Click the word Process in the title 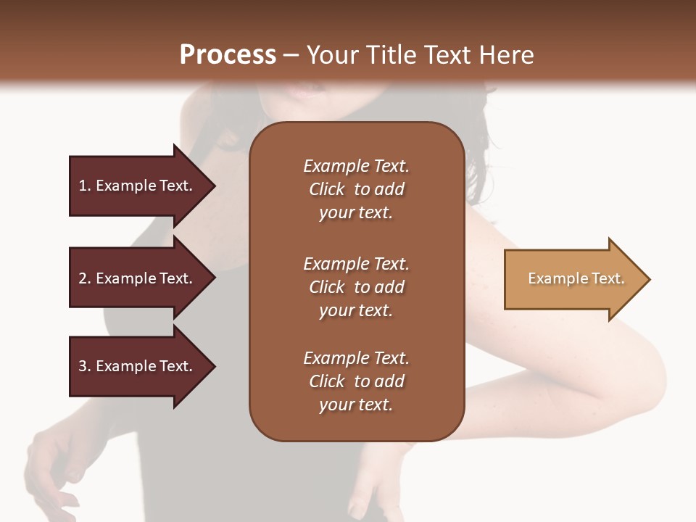pos(228,55)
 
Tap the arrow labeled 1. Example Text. pos(138,186)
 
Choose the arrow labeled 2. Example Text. pos(138,278)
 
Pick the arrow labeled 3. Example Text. pos(138,366)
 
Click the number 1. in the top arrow pos(85,186)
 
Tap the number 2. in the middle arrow pos(85,278)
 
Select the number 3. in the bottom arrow pos(85,366)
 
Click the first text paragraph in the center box pos(356,189)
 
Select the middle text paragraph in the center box pos(356,287)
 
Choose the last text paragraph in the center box pos(356,381)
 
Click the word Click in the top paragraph pos(326,189)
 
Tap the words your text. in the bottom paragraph pos(356,405)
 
